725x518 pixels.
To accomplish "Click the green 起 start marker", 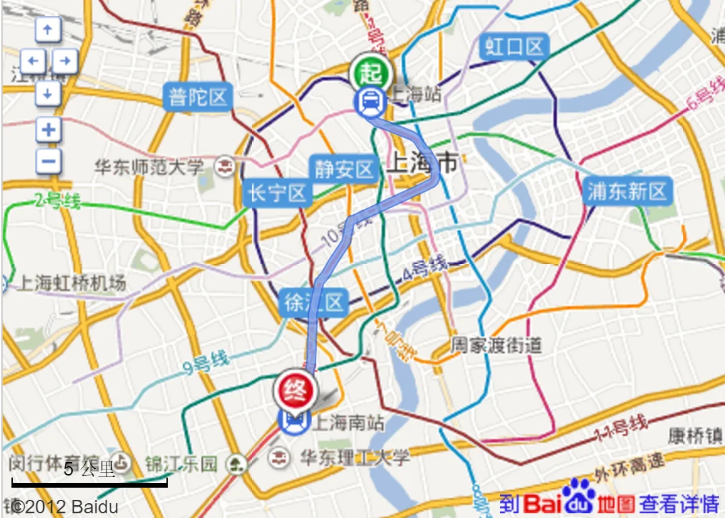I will point(370,71).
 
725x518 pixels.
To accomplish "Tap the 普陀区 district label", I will point(197,97).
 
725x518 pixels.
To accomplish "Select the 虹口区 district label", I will point(514,47).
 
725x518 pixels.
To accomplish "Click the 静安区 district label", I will point(344,168).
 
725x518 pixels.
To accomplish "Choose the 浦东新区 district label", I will point(627,191).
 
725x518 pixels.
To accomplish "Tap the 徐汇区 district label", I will point(314,303).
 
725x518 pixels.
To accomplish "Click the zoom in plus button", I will point(48,129).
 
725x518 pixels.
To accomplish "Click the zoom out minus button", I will point(48,161).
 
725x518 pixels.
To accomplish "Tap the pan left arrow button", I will point(32,62).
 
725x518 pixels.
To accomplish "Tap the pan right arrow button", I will point(65,62).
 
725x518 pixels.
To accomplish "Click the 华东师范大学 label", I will point(149,166).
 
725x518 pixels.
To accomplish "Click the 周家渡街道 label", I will point(497,346).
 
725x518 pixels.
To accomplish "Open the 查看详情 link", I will point(679,503).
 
